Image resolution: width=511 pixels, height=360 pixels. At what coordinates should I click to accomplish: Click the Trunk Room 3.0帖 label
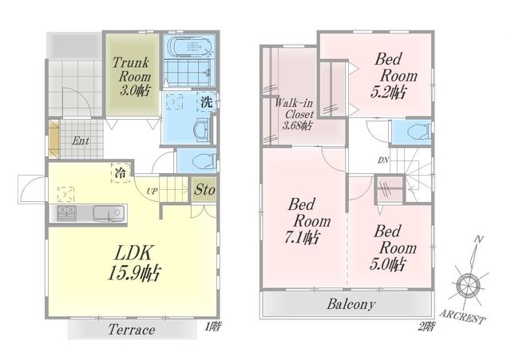pos(132,77)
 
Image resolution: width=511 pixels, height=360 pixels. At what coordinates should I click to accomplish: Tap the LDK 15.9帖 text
pos(133,263)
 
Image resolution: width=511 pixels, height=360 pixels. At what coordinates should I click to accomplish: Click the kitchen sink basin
pos(109,213)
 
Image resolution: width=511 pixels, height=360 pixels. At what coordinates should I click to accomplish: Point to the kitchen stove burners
pos(66,213)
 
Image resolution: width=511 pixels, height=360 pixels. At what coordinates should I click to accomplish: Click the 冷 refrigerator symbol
pos(121,172)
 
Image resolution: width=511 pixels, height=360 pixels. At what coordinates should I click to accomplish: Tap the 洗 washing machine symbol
pos(206,102)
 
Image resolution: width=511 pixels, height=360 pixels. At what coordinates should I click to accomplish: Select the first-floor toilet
pos(204,161)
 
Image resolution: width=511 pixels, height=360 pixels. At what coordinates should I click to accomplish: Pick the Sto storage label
pos(204,190)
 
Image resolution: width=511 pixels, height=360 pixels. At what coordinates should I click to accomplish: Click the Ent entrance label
pos(80,141)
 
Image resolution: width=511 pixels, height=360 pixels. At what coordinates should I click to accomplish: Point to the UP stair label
pos(152,192)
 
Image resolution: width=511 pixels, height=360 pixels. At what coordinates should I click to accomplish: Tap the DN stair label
pos(383,160)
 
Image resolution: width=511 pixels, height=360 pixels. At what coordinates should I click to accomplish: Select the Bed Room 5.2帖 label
pos(394,76)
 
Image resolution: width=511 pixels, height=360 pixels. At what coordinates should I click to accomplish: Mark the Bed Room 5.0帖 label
pos(393,248)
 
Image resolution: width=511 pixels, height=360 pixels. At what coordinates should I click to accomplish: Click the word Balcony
pos(351,304)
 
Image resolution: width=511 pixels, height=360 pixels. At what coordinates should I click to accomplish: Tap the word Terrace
pos(132,330)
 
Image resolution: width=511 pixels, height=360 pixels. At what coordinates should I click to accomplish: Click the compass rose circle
pos(469,286)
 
